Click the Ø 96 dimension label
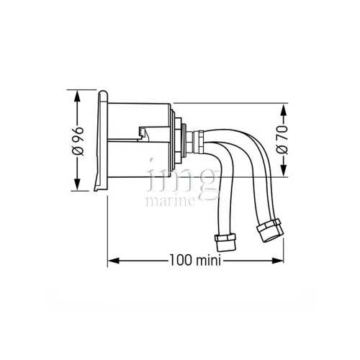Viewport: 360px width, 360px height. point(78,141)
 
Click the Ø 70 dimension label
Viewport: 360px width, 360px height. point(283,141)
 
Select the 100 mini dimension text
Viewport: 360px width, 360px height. point(196,259)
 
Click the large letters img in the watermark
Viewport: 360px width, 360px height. point(180,180)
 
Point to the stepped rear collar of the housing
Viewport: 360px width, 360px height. point(176,140)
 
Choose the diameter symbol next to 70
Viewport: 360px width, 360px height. point(283,150)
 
